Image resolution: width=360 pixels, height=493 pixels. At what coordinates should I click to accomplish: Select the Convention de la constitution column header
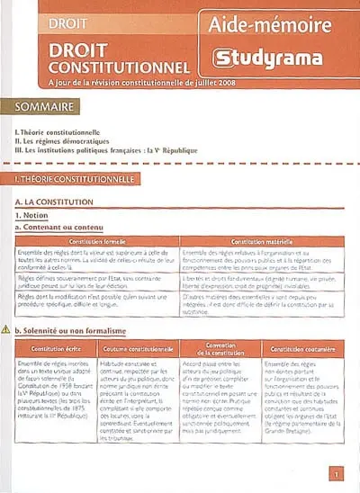(220, 348)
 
